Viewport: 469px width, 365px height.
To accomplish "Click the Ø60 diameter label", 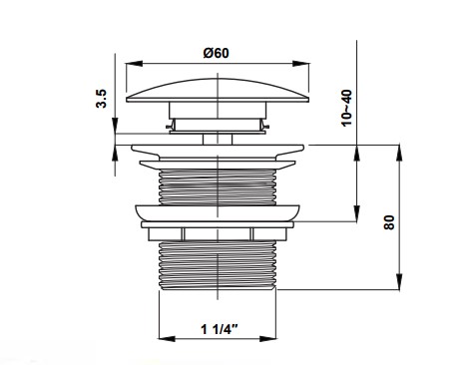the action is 217,53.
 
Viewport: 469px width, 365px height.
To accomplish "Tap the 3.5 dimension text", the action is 102,99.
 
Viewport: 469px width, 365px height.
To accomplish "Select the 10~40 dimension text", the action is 346,108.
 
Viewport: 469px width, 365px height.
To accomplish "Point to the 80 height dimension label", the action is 389,222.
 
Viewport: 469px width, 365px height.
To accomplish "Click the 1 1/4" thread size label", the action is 220,329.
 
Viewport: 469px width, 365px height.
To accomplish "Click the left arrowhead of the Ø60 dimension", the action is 134,64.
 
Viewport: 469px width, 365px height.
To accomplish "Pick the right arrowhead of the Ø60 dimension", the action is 300,64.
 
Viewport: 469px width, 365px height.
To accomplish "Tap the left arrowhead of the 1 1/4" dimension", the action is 167,339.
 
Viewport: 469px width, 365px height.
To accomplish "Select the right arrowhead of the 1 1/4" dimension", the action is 267,339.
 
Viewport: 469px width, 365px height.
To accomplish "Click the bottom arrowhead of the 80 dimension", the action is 399,281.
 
